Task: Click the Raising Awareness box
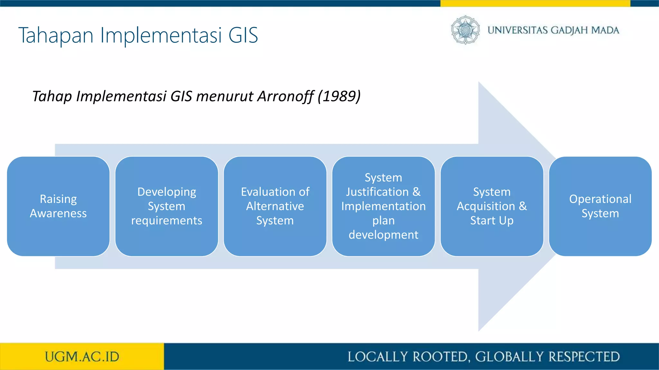(58, 206)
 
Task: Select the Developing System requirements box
(167, 206)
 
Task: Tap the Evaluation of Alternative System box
(275, 206)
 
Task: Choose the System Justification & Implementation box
(383, 206)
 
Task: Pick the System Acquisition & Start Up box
(492, 206)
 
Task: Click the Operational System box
(600, 206)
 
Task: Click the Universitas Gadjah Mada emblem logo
(465, 30)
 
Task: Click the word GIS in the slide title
(243, 35)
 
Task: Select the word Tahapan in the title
(56, 36)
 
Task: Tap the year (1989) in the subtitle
(339, 96)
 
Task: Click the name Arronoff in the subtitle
(285, 96)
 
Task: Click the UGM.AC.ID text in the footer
(82, 357)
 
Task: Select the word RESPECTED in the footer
(584, 357)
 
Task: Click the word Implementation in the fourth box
(383, 206)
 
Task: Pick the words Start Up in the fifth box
(492, 221)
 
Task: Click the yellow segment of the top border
(535, 3)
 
